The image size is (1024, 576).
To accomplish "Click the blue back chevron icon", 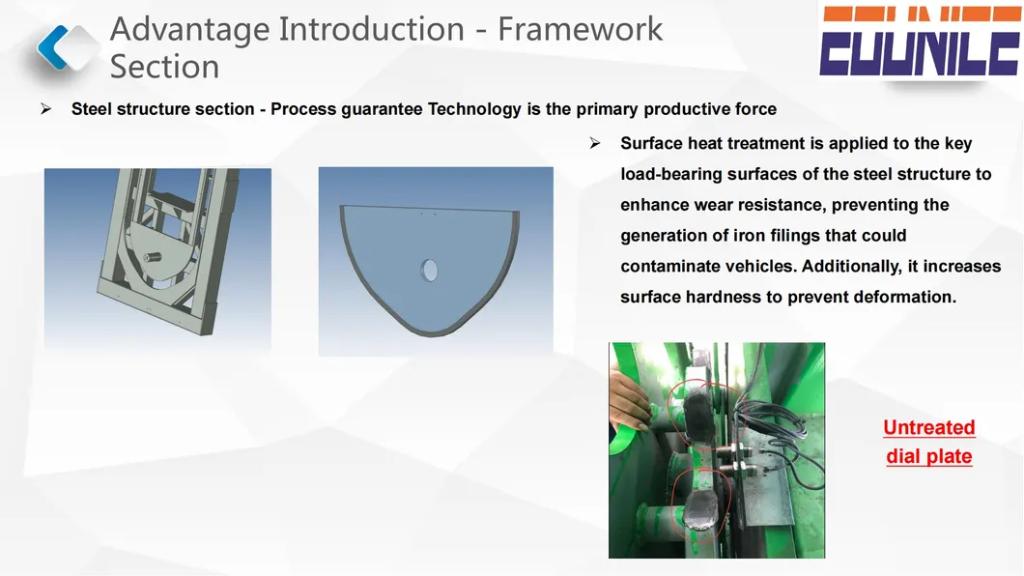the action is tap(52, 47).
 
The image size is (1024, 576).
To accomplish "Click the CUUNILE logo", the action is tap(920, 42).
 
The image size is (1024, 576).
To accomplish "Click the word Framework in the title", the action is tap(580, 29).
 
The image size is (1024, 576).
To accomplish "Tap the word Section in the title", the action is tap(164, 67).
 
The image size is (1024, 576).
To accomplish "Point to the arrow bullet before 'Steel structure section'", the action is tap(45, 108).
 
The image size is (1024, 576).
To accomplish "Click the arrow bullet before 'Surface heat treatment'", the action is tap(595, 143).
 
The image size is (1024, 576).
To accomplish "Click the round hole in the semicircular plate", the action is tap(429, 270).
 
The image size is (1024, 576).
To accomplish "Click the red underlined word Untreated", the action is tap(928, 427).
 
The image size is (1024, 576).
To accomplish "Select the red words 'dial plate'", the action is tap(928, 456).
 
